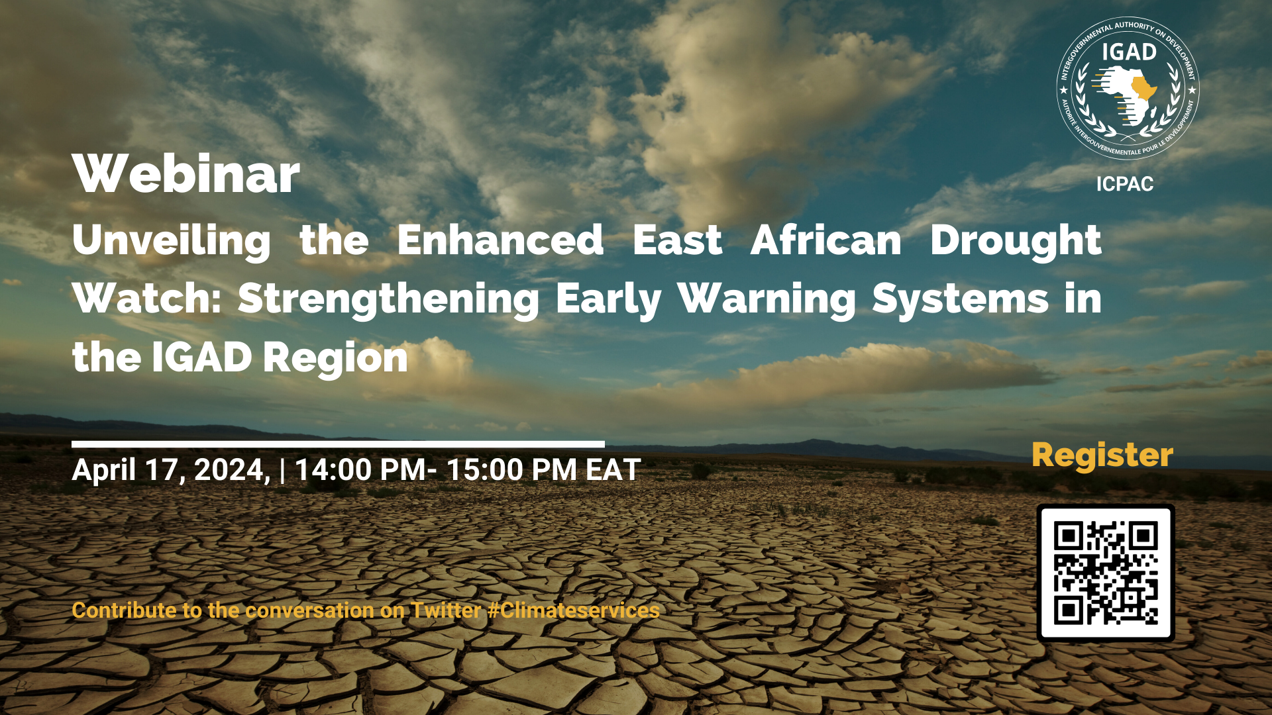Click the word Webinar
186,174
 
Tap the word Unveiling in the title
172,240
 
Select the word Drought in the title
1016,240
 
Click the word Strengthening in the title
388,299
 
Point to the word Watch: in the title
147,299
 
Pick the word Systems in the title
960,299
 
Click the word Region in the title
335,358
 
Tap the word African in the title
825,240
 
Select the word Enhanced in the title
500,240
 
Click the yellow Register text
1102,455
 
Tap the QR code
1106,573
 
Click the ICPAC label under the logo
1125,184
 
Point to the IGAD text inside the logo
1129,52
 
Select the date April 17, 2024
171,471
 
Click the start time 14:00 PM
360,471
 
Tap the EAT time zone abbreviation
613,471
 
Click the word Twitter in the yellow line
446,610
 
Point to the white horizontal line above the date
338,444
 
